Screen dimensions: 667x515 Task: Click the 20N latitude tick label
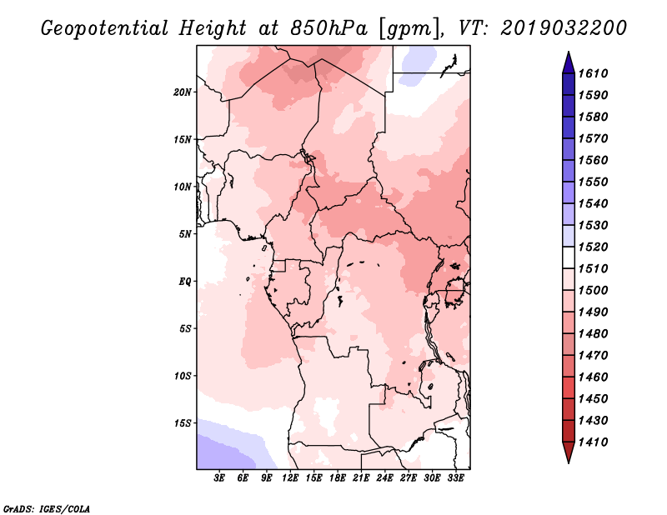tap(183, 92)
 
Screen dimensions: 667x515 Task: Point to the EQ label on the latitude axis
tap(185, 282)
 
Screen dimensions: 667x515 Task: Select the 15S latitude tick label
tap(183, 423)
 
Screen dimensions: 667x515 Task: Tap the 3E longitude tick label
tap(219, 477)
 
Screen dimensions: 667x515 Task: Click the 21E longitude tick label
tap(361, 477)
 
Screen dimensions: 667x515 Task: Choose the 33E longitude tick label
tap(455, 477)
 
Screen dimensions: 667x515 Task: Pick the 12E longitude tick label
tap(290, 477)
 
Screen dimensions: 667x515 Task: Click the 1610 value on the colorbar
tap(593, 73)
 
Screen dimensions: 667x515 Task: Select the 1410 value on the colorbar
tap(593, 442)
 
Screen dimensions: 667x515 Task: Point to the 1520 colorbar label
tap(593, 247)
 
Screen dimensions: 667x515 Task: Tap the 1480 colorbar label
tap(593, 333)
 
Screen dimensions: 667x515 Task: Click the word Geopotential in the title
tap(105, 28)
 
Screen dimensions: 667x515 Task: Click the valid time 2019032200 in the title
tap(564, 28)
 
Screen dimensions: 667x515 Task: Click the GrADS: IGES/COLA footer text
tap(47, 508)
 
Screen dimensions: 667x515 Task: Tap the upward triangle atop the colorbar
tap(569, 62)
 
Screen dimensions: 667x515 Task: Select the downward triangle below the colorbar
tap(569, 452)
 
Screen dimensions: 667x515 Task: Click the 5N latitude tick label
tap(185, 234)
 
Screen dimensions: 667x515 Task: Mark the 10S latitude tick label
tap(183, 376)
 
